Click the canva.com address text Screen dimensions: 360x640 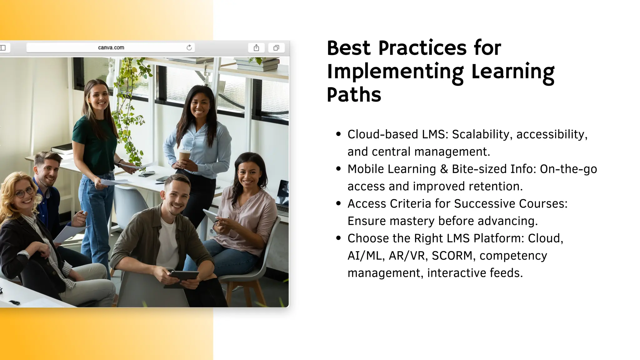pyautogui.click(x=111, y=47)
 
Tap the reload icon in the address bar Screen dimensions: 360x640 pyautogui.click(x=189, y=47)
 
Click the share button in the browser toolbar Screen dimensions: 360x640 pyautogui.click(x=256, y=48)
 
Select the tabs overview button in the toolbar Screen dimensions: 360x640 pyautogui.click(x=276, y=48)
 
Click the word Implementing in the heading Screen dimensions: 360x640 pyautogui.click(x=396, y=72)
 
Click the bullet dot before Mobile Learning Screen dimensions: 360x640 pyautogui.click(x=338, y=169)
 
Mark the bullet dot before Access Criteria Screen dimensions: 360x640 pyautogui.click(x=338, y=203)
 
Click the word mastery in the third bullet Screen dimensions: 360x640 pyautogui.click(x=412, y=221)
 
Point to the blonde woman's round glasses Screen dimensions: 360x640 pyautogui.click(x=25, y=192)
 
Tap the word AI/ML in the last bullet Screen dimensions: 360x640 pyautogui.click(x=365, y=256)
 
